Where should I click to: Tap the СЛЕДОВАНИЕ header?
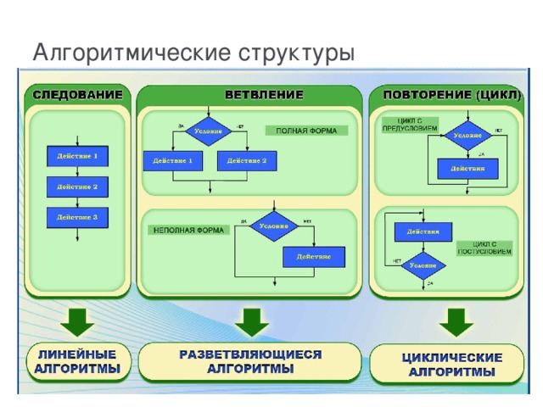coord(77,92)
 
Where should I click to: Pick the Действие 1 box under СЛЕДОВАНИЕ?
coord(77,156)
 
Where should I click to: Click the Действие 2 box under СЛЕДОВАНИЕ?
coord(77,186)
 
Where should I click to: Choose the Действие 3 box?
coord(77,217)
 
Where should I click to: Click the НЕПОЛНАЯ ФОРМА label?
coord(183,230)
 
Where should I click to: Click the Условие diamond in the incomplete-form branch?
coord(273,226)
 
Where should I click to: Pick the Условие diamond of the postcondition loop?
coord(423,265)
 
